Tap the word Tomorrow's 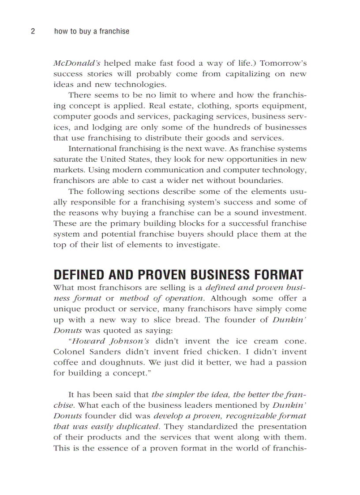(283, 63)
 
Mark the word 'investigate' (196, 245)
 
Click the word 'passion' (290, 362)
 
